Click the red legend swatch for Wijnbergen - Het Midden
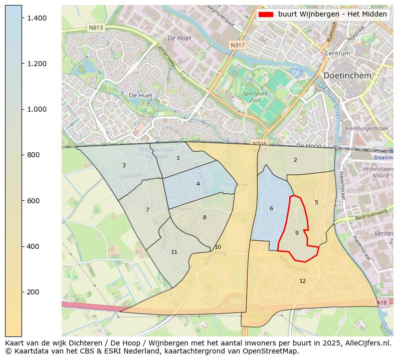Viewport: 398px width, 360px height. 266,15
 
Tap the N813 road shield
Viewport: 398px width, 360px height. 95,28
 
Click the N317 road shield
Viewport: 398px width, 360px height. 238,45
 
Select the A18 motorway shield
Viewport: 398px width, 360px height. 381,302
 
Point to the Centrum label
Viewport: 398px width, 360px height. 337,53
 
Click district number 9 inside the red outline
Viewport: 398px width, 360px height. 297,233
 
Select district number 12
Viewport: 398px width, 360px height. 302,281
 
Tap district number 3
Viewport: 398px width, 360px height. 124,165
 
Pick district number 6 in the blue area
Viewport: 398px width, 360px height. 271,208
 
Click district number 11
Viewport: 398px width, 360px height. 174,252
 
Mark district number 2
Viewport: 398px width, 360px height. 295,160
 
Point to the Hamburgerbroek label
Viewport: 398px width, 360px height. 367,129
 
